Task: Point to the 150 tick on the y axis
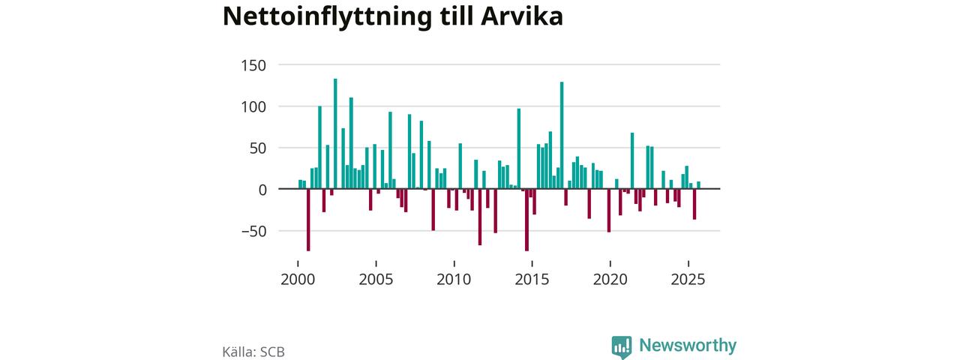[253, 65]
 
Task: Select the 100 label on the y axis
[253, 106]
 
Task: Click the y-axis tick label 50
[258, 148]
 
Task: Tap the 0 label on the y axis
[262, 190]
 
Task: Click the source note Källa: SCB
[253, 351]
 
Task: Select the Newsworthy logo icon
[621, 346]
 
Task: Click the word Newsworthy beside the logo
[688, 346]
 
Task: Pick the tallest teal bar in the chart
[335, 133]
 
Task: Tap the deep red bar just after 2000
[308, 220]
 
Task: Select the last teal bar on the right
[698, 185]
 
